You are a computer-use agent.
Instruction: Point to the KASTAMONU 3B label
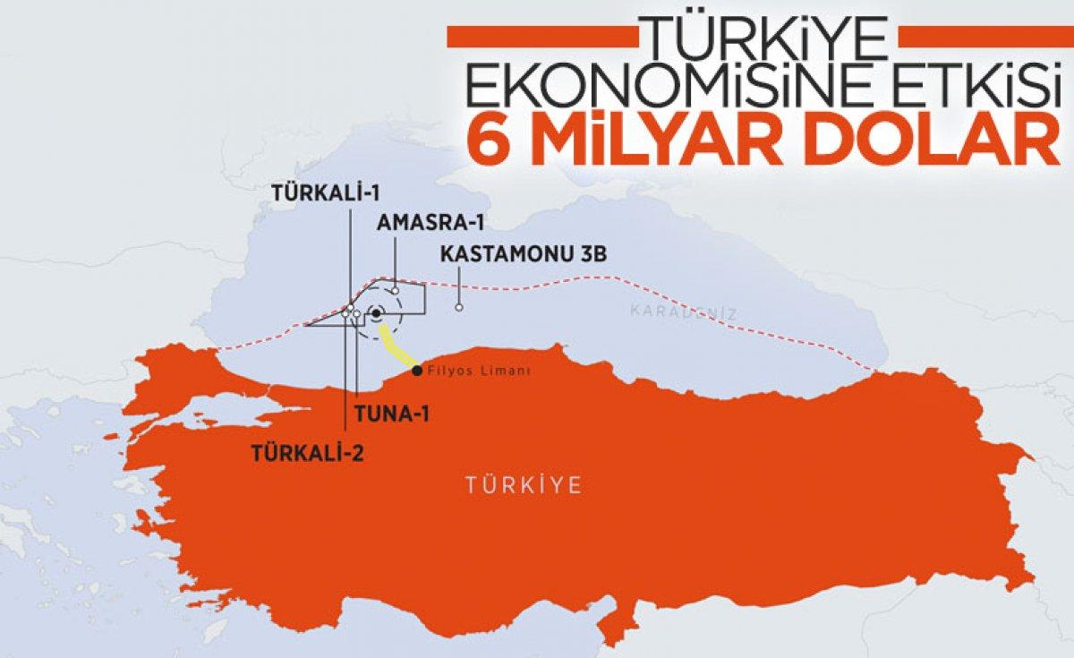click(x=524, y=255)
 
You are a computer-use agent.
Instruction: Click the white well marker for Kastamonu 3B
click(x=459, y=307)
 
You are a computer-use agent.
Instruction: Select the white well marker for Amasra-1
click(x=395, y=292)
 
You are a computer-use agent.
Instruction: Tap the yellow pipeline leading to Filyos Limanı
click(x=396, y=347)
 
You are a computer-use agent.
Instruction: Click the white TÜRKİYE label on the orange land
click(x=524, y=486)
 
